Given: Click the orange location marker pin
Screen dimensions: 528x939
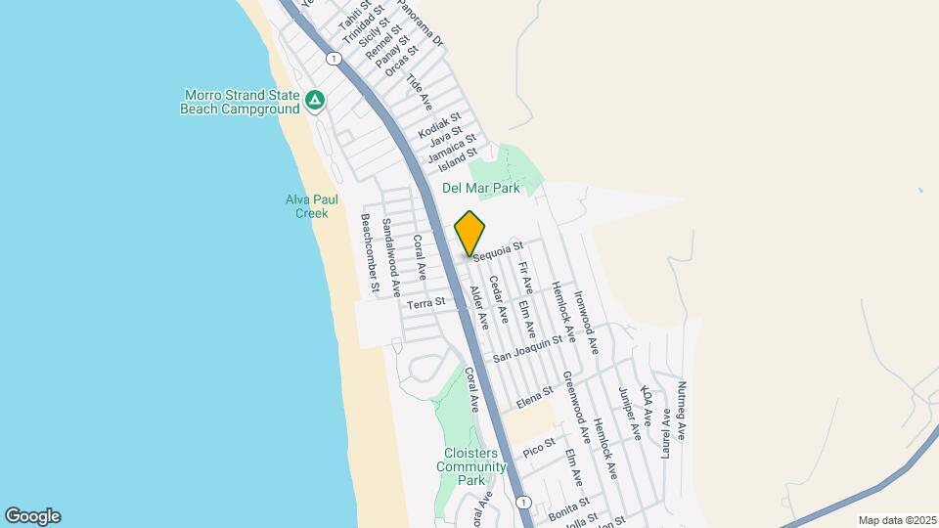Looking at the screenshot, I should [470, 234].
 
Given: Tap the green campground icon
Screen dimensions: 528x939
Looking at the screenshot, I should [314, 100].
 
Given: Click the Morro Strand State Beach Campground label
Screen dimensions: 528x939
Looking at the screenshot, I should [240, 102].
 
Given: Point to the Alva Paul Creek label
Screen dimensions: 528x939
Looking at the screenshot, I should [312, 205].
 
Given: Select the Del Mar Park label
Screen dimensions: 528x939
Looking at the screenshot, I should [480, 187].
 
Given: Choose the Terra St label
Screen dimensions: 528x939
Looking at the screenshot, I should [425, 303].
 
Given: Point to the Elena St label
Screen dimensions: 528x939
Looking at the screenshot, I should [536, 399].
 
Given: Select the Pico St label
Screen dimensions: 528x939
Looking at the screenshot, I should [539, 451].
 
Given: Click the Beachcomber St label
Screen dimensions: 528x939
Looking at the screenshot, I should [369, 254].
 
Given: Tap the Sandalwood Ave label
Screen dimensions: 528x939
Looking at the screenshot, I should [391, 258].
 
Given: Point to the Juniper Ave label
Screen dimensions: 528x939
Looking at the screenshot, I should [630, 415].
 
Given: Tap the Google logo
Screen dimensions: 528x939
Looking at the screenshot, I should [32, 516].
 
